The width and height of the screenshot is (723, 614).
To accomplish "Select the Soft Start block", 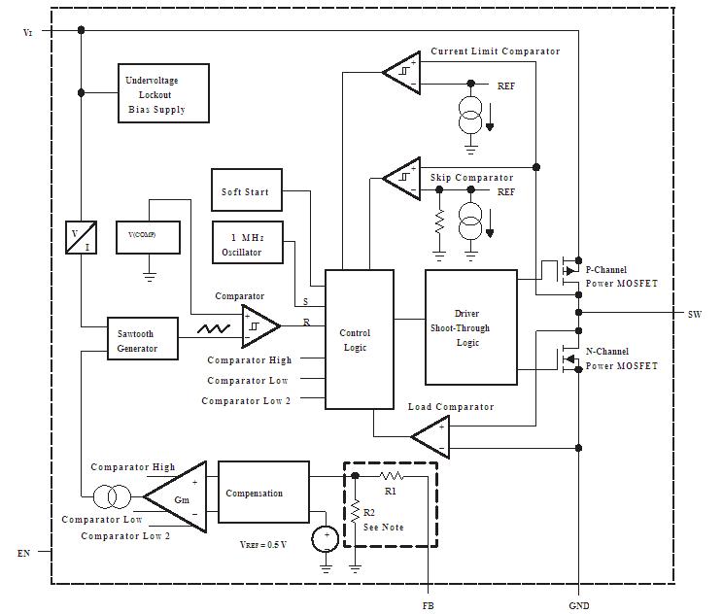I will [246, 191].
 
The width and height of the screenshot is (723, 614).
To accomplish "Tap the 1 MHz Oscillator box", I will [246, 244].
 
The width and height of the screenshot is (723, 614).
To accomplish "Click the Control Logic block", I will [359, 339].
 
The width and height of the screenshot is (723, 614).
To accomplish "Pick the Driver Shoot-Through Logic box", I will [471, 328].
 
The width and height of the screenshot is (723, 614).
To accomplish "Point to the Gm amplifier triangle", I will [178, 496].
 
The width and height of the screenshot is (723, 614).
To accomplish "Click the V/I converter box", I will [81, 237].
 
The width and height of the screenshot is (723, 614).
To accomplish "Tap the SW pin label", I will [694, 314].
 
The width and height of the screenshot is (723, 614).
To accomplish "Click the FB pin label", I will [429, 605].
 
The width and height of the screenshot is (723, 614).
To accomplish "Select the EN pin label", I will [23, 553].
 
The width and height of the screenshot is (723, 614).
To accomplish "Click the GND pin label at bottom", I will [578, 605].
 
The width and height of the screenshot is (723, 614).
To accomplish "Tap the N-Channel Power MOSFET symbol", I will [558, 358].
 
